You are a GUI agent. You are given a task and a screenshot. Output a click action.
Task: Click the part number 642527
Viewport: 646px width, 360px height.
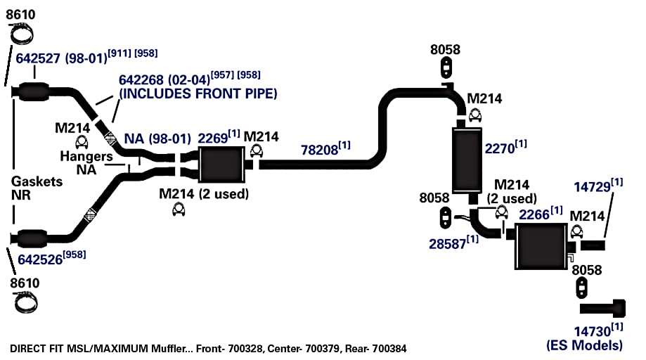tap(38, 58)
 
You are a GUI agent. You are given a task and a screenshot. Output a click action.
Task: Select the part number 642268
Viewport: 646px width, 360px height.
tap(141, 80)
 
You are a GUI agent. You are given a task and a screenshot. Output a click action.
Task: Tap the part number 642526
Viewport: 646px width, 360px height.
tap(40, 259)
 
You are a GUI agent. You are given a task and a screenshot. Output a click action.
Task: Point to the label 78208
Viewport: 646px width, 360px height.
tap(319, 150)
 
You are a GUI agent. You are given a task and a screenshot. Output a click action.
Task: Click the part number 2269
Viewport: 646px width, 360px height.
tap(212, 139)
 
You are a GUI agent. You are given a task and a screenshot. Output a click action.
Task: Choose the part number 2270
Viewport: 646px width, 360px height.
tap(499, 148)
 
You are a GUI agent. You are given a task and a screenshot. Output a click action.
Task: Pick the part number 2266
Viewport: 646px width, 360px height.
tap(534, 214)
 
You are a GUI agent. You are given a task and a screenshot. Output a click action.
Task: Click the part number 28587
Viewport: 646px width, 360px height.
tap(448, 244)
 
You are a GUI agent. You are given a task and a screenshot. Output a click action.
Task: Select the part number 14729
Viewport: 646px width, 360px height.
tap(593, 187)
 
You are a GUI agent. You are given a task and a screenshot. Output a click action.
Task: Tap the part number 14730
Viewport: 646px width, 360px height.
tap(593, 332)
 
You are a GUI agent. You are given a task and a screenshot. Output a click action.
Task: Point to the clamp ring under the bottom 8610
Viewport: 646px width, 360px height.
tap(25, 302)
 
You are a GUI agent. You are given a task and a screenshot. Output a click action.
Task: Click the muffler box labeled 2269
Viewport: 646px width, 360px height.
tap(221, 165)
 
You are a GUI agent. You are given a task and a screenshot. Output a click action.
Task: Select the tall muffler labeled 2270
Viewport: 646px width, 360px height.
tap(467, 160)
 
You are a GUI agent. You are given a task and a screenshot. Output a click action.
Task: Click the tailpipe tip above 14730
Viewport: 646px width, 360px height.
tap(602, 309)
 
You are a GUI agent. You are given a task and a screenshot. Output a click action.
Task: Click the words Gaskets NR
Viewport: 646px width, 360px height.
tap(37, 188)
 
